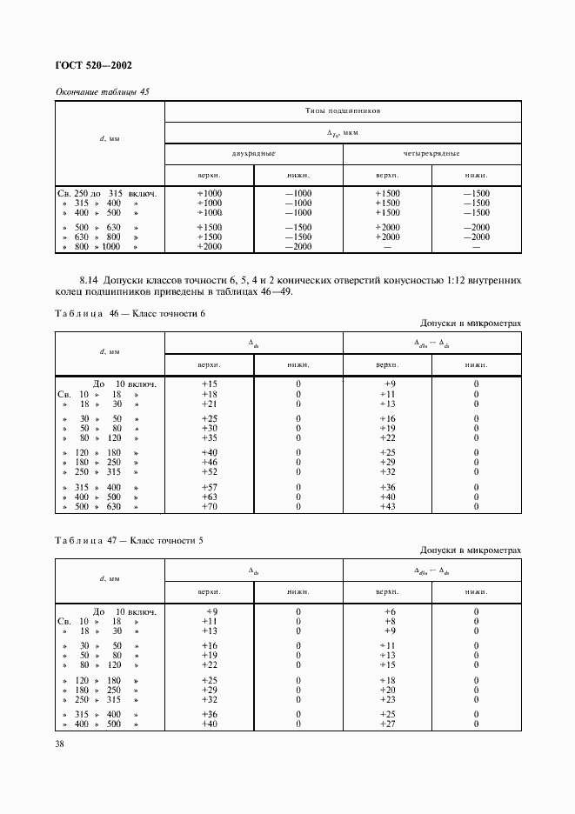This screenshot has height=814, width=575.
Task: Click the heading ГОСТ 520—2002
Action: [x=93, y=66]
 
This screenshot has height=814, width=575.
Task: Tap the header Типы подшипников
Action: [x=343, y=112]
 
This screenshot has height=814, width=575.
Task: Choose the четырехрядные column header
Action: [x=431, y=152]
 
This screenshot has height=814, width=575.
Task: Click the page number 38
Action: [x=60, y=744]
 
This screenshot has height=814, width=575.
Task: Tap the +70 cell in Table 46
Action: [x=210, y=506]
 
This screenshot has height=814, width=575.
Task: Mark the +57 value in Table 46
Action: [x=210, y=487]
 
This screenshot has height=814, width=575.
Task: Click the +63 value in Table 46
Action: [x=210, y=497]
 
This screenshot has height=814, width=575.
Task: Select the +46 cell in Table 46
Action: [x=210, y=462]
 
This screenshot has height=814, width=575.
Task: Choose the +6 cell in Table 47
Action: [x=389, y=612]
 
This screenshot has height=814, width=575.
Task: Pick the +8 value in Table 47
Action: [x=389, y=622]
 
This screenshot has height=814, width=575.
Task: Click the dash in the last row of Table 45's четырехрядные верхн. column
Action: [x=387, y=247]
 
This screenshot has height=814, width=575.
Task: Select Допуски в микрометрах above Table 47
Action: [x=471, y=550]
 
